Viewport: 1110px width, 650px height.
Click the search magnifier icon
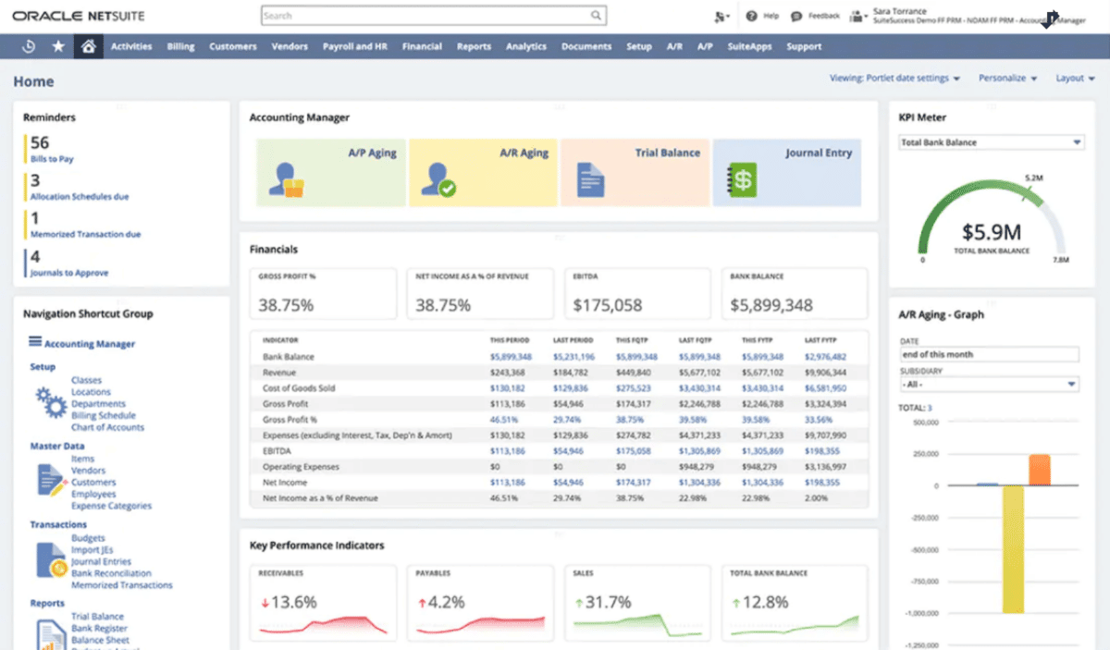click(597, 16)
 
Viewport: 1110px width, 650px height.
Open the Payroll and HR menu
click(354, 46)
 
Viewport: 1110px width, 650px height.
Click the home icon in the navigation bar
click(88, 46)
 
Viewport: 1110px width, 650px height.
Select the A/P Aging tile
click(330, 173)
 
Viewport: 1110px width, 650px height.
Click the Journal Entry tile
click(786, 173)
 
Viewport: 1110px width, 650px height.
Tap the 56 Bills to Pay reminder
click(51, 149)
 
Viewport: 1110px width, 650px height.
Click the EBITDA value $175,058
click(607, 305)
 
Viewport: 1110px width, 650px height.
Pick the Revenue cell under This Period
click(507, 373)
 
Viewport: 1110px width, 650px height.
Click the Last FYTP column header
click(821, 340)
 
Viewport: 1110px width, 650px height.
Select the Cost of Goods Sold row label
click(299, 388)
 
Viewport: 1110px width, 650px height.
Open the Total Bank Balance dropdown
click(991, 142)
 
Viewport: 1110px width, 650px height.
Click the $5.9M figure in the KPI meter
click(991, 232)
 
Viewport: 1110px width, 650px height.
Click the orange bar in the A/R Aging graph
click(1039, 469)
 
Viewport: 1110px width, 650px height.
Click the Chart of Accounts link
click(107, 427)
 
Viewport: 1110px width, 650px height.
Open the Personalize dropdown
click(1007, 79)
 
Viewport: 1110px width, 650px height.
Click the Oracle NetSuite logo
click(79, 16)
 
